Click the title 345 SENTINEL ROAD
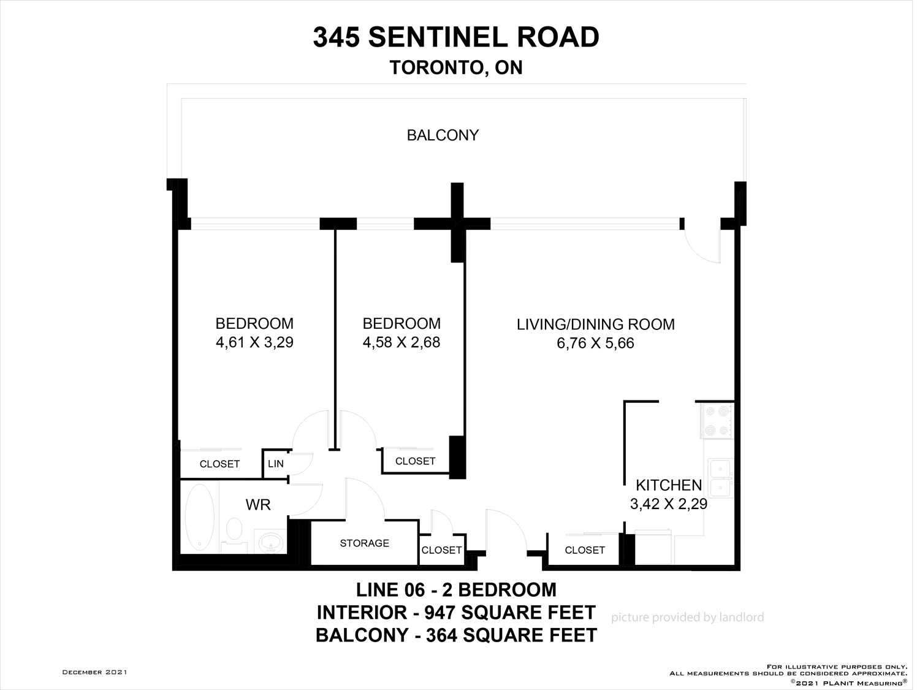point(456,37)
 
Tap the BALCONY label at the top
point(443,136)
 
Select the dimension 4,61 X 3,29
point(254,342)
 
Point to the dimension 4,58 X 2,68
point(401,342)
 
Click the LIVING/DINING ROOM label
point(595,324)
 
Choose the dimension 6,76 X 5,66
point(595,343)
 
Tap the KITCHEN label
point(669,485)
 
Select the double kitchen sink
point(720,478)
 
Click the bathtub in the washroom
point(199,517)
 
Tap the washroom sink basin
point(270,542)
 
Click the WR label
point(258,505)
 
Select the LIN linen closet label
point(276,464)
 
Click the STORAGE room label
point(364,543)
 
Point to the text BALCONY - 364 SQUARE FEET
point(456,635)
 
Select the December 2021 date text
point(95,672)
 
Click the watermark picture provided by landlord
point(687,618)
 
